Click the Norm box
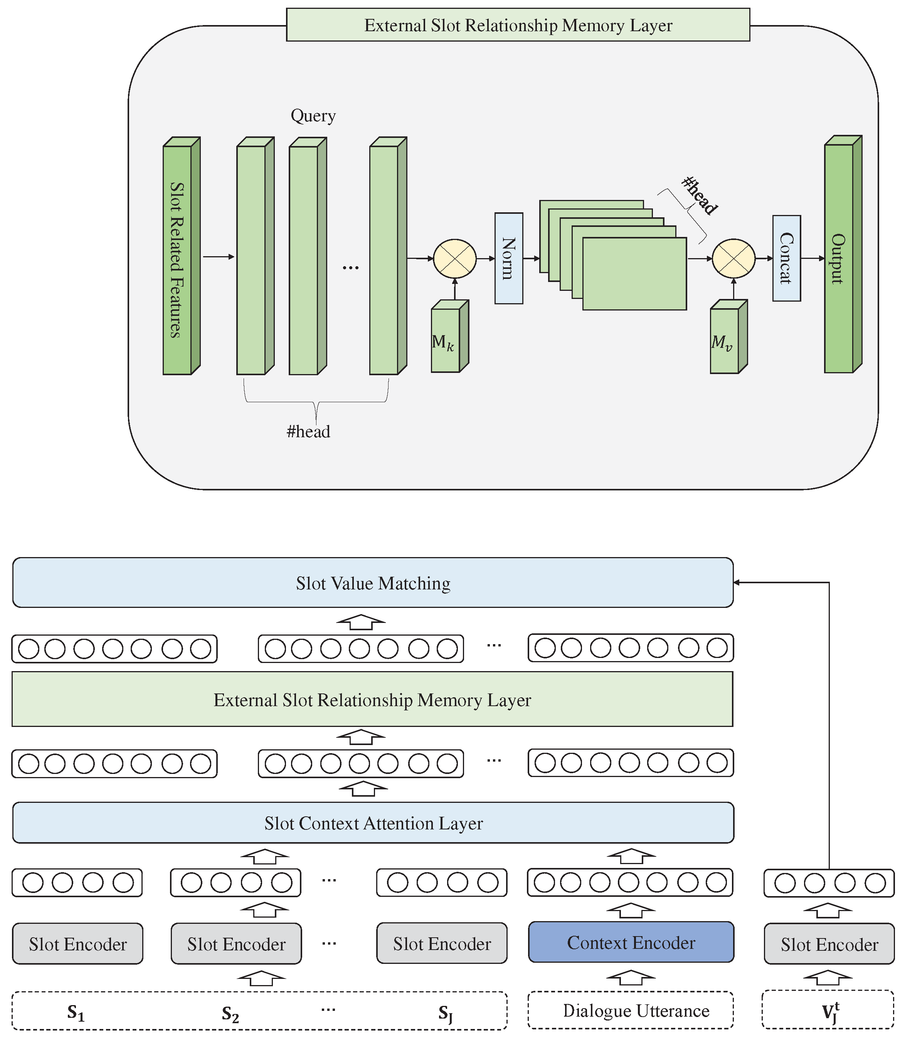point(508,258)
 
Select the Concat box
point(786,258)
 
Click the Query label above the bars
point(313,116)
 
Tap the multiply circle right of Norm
point(733,258)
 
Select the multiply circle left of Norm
point(454,258)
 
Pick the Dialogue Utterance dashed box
point(631,1010)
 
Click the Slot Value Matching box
point(373,582)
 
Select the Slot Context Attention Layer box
point(373,822)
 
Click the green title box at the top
point(518,25)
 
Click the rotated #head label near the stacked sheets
point(700,195)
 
